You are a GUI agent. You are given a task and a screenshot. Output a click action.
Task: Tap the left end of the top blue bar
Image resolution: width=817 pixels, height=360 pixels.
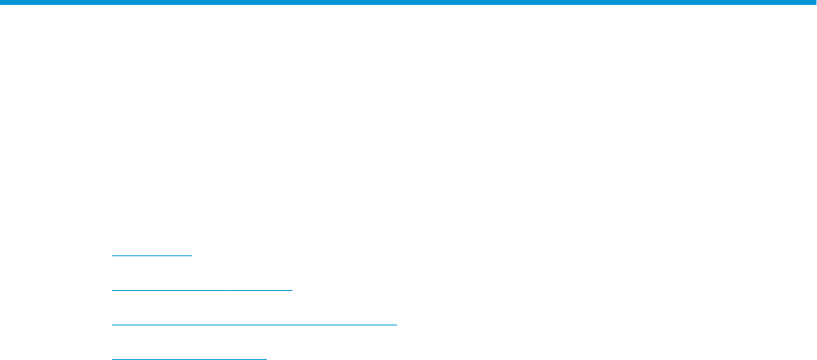2,3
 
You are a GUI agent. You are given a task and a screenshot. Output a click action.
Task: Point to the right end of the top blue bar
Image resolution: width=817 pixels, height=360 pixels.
815,3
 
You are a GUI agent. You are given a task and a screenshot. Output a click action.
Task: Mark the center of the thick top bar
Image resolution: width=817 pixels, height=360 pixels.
408,3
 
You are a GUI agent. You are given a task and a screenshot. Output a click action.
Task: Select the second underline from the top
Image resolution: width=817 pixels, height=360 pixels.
203,290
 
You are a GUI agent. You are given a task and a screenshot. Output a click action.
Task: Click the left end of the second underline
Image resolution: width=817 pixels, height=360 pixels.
112,290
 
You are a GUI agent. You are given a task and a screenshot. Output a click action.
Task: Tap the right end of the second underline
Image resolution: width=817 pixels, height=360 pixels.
292,290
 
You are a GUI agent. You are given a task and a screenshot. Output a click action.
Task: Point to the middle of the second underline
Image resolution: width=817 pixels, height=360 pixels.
203,290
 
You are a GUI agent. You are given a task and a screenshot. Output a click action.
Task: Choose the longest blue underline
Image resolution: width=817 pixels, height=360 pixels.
254,325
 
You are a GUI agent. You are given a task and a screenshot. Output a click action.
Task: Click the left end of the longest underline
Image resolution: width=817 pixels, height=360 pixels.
112,325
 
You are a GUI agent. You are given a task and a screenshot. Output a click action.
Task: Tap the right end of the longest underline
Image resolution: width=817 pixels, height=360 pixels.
396,325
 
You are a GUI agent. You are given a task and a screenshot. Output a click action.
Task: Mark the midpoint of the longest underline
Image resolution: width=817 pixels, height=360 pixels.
254,325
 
